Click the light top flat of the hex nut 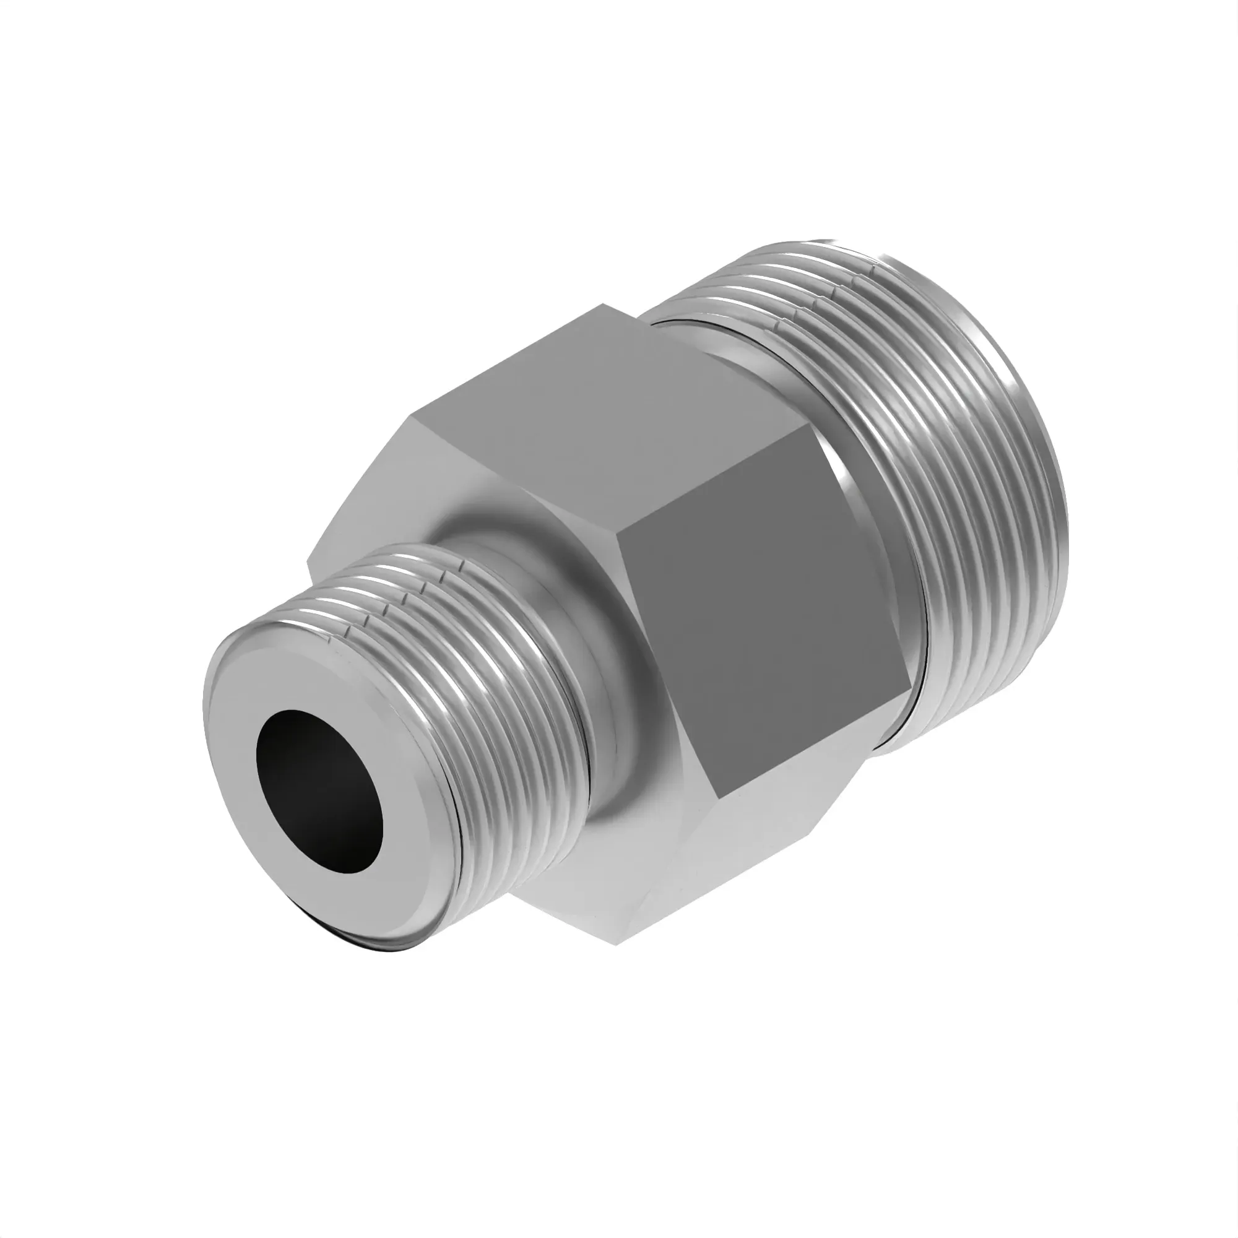point(608,410)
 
